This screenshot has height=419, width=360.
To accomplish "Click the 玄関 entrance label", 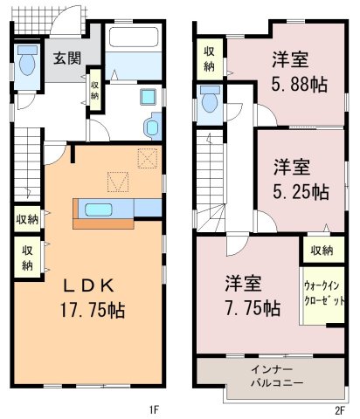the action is click(x=67, y=58).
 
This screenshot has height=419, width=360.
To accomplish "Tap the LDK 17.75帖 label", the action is click(x=93, y=299).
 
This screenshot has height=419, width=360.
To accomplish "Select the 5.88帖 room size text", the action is click(x=300, y=84).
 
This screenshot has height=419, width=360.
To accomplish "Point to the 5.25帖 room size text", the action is click(x=301, y=192).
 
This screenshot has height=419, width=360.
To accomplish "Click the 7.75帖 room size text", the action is click(x=253, y=308).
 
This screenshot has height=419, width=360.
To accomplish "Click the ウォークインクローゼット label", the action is click(x=324, y=293).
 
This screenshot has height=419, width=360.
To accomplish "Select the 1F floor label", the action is click(x=154, y=410).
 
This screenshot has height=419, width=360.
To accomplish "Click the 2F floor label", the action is click(x=340, y=410).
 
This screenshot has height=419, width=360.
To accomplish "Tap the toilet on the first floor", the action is click(x=28, y=60).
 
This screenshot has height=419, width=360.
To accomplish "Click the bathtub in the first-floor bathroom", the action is click(x=134, y=37).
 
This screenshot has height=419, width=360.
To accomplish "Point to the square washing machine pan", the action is click(x=148, y=97).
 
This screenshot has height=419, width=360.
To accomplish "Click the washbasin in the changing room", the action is click(x=153, y=127).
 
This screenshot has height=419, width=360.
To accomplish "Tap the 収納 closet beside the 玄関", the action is click(x=95, y=90).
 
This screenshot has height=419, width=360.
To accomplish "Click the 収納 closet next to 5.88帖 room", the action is click(x=210, y=59).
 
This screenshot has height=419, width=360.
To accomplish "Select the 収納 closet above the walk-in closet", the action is click(x=323, y=250).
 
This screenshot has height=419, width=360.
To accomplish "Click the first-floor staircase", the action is click(x=27, y=164).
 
